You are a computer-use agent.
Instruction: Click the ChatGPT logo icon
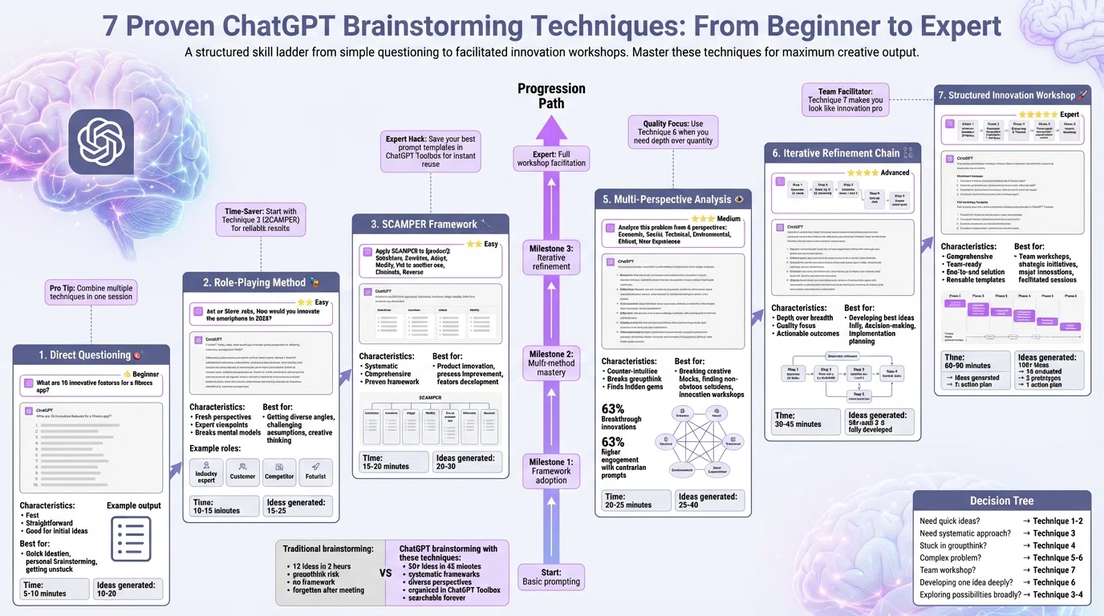point(101,142)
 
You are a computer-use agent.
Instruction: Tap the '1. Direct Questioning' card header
point(91,355)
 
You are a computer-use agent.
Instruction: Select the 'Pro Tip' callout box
point(91,292)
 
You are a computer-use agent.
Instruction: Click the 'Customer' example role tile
point(242,473)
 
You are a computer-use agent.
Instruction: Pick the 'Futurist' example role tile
point(315,473)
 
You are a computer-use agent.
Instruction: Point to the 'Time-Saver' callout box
point(260,220)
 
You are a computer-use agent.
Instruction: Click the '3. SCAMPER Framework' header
point(430,224)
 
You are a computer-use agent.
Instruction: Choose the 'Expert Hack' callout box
point(430,151)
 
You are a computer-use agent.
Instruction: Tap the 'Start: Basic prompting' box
point(551,577)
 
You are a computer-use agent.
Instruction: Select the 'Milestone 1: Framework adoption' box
point(551,471)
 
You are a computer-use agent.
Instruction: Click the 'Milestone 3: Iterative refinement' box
point(551,257)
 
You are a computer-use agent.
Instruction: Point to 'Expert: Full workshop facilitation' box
point(551,158)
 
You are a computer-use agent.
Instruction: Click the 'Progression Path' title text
point(551,95)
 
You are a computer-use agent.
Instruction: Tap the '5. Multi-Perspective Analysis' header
point(672,199)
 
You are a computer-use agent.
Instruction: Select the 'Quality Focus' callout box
point(672,132)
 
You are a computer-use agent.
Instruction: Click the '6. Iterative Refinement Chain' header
point(842,153)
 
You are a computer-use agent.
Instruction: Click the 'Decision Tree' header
point(1001,500)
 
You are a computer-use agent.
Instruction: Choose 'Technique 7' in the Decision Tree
point(1054,570)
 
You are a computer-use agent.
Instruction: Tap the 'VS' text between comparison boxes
point(385,573)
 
